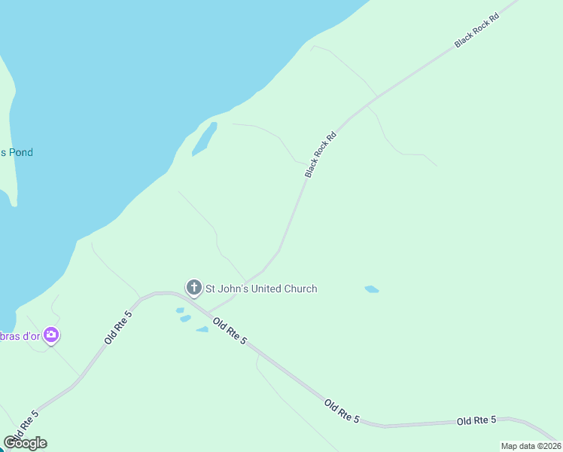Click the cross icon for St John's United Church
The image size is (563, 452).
193,288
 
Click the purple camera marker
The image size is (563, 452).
51,335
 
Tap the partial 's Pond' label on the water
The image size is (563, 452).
17,152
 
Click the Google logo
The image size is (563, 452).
25,442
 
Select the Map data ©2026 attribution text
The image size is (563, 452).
531,446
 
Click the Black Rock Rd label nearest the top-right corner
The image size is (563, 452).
477,32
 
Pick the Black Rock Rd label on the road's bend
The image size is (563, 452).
320,156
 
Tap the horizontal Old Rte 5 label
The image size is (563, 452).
476,420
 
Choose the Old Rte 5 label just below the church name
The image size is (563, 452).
230,331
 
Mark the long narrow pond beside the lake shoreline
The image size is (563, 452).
205,139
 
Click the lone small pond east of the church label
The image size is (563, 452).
372,289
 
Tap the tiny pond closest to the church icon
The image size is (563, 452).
180,310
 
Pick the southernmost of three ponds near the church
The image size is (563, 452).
202,329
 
